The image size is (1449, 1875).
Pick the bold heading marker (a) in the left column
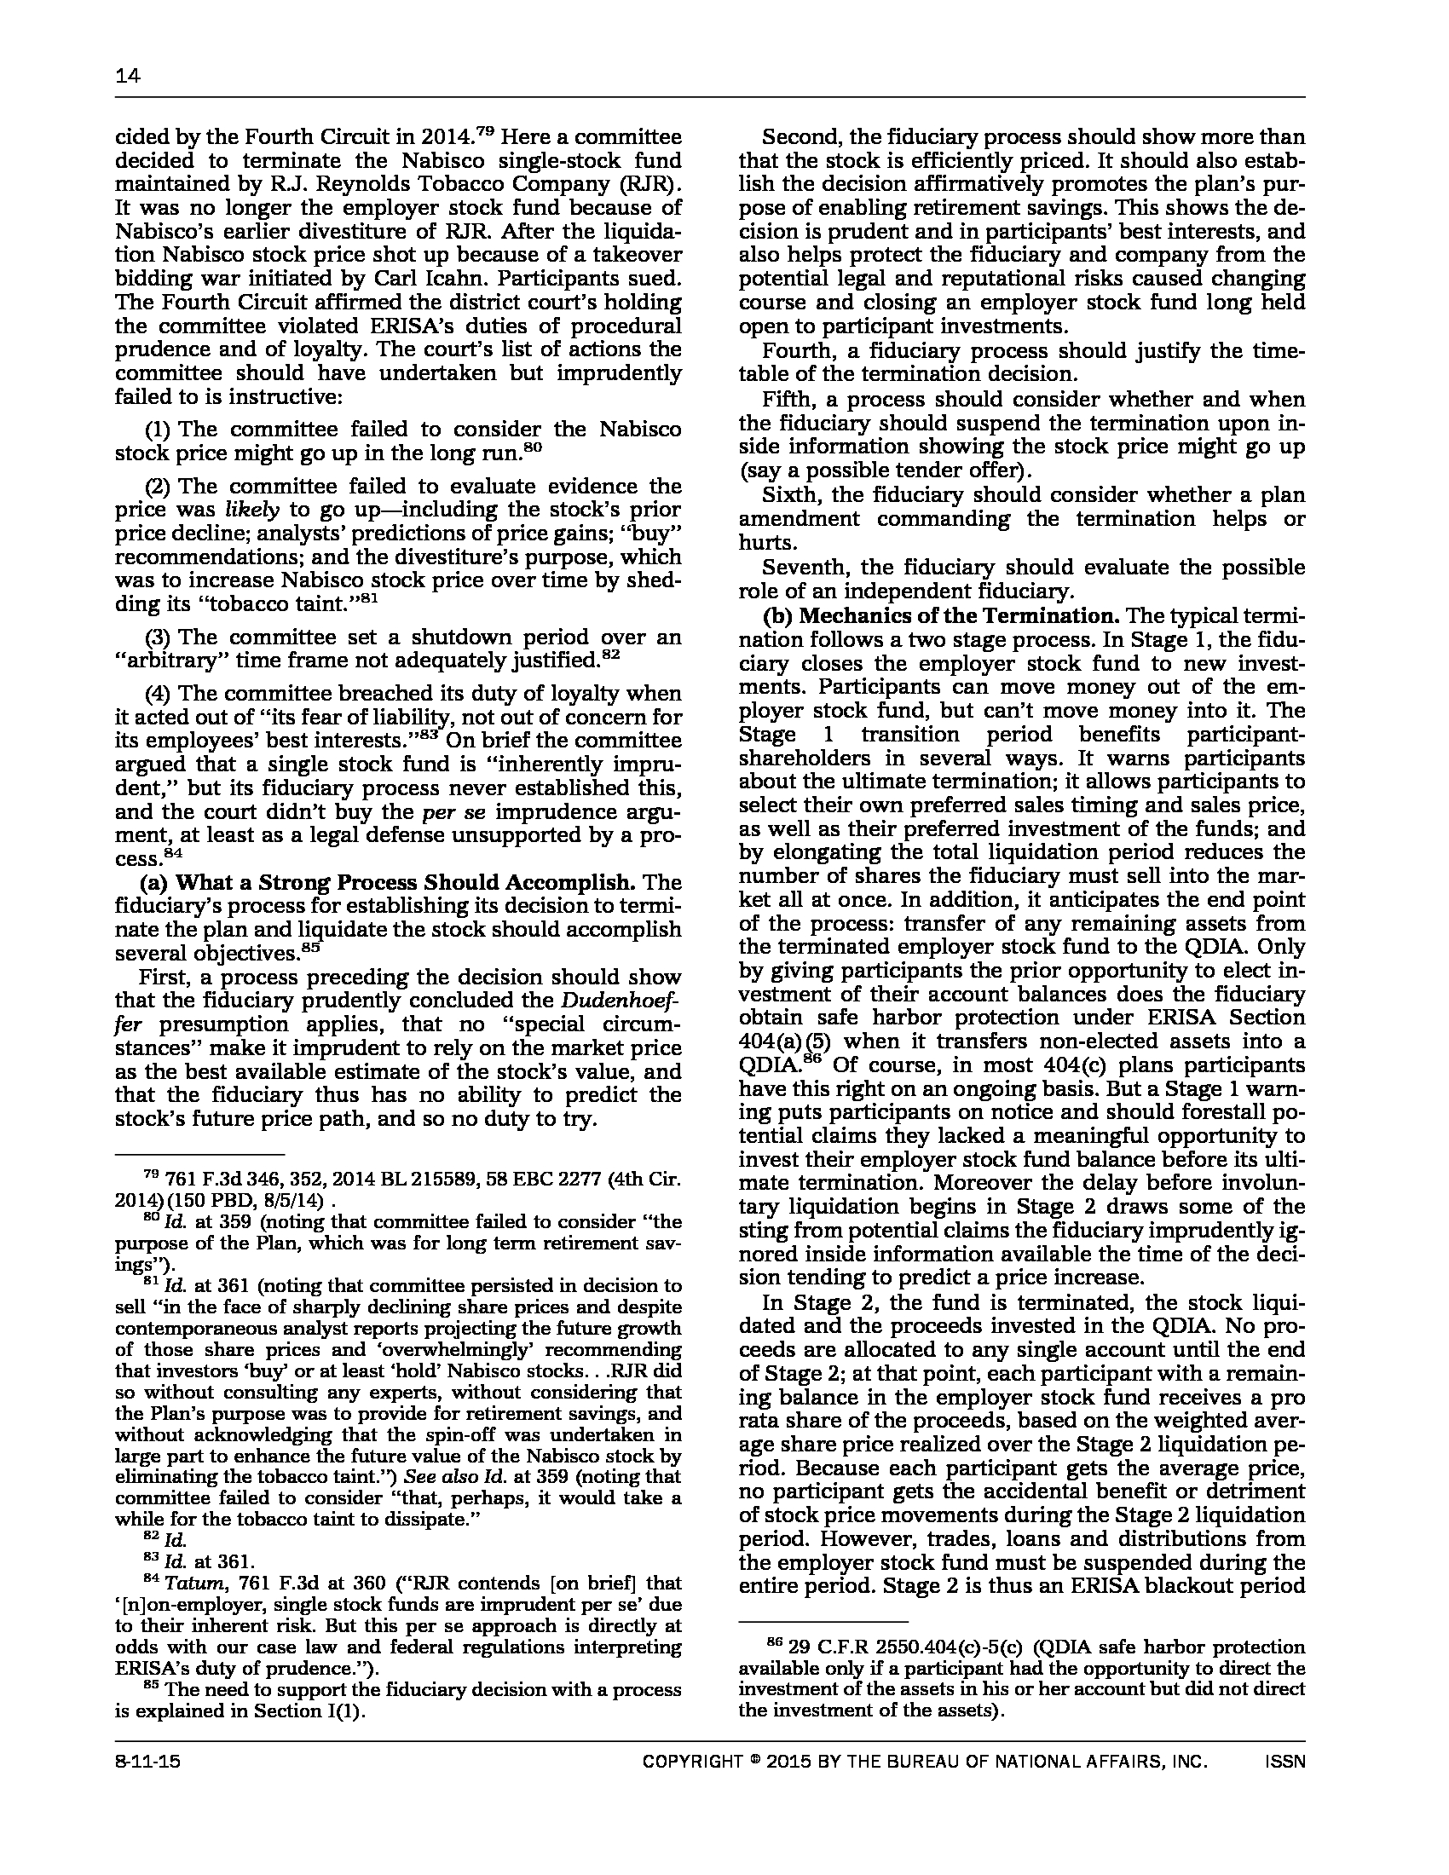tap(153, 883)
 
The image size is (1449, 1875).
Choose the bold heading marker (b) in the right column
tap(776, 615)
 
